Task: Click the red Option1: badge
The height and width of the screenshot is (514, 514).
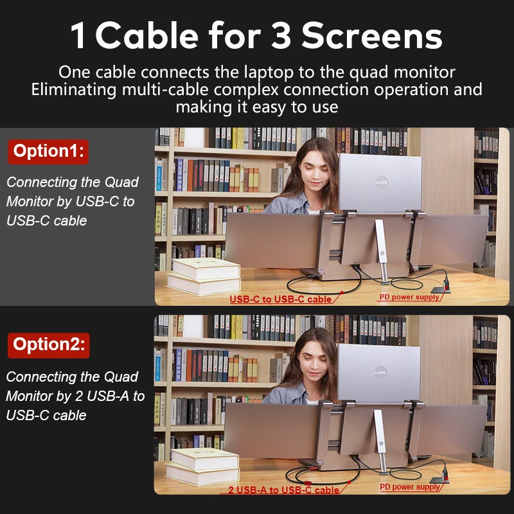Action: (48, 152)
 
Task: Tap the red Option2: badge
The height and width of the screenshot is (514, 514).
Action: (49, 345)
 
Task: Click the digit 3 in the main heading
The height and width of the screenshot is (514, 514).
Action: (281, 36)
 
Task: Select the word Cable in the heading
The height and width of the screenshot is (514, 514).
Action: (147, 35)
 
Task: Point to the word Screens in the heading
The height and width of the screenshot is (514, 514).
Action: (372, 36)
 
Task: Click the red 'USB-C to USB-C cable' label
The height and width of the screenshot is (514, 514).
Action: (281, 299)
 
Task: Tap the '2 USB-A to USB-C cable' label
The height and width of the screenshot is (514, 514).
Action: (283, 490)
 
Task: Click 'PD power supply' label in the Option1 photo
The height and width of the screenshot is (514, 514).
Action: (409, 297)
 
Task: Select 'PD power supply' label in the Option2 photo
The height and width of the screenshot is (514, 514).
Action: (409, 487)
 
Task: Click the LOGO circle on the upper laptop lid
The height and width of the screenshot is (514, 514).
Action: (382, 182)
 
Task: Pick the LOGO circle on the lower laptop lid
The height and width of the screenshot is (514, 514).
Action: (380, 372)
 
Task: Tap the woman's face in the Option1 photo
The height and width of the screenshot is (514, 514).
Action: (314, 173)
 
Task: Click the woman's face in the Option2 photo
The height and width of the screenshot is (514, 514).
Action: (313, 363)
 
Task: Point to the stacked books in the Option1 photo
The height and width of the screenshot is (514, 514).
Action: (204, 276)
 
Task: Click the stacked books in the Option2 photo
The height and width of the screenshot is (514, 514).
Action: (202, 466)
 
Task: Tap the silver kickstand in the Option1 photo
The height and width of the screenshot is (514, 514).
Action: (382, 250)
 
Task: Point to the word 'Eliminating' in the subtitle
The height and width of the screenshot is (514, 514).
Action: (74, 90)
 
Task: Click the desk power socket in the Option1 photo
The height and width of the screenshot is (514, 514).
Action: (441, 289)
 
